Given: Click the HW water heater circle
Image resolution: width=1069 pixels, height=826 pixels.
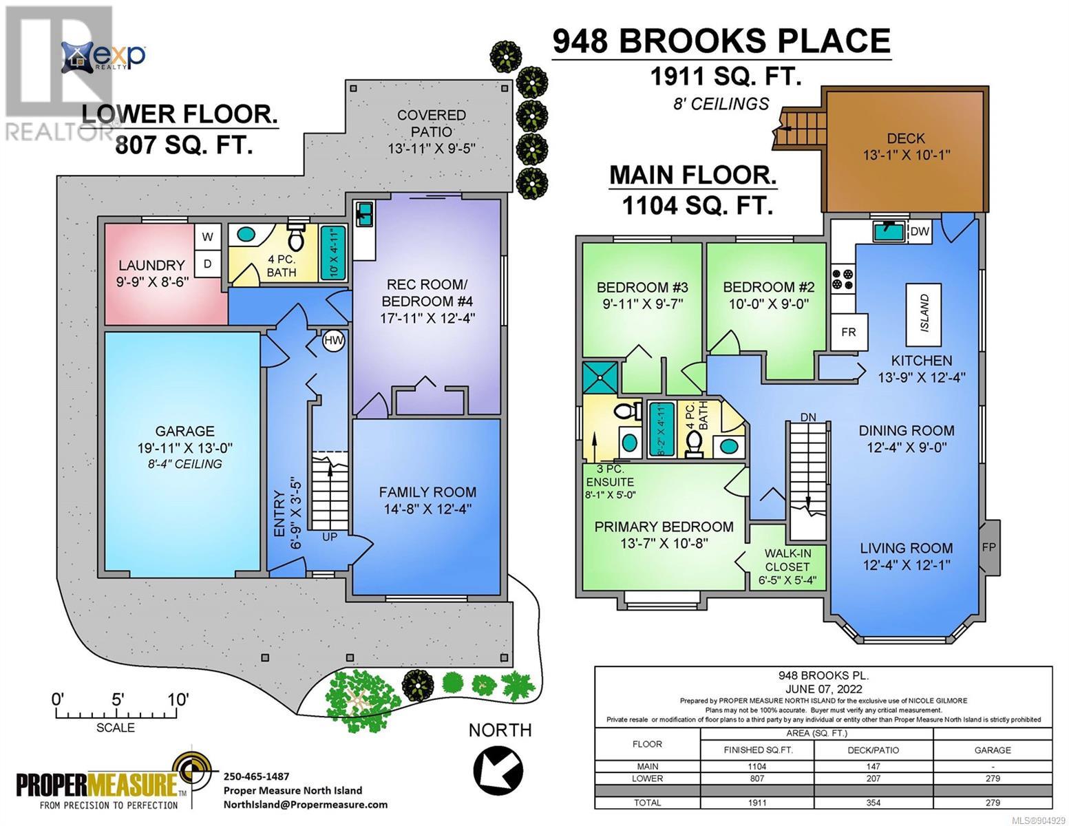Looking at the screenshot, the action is pos(333,341).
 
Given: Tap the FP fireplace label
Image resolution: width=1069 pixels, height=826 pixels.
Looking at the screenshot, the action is pos(988,547).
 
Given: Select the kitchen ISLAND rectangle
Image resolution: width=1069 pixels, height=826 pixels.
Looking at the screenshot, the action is pos(924,313).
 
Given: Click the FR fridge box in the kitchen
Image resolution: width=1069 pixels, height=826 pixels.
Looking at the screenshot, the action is pos(849,332).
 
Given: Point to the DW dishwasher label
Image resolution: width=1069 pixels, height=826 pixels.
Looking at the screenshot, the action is pos(920,231).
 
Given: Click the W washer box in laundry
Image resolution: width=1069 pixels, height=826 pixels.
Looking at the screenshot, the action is pos(208,237).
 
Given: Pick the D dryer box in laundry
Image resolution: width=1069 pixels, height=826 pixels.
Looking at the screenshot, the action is pos(208,264).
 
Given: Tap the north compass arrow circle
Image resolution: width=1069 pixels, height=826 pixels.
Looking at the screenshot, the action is pos(498,771).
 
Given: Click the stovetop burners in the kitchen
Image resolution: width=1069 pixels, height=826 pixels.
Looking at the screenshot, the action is pos(843,279).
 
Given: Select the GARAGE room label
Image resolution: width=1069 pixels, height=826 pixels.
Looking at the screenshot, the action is pos(185,432).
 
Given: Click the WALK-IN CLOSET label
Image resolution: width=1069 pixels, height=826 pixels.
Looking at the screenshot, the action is pos(787,560).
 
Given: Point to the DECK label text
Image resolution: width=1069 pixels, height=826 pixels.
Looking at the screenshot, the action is pos(906,138).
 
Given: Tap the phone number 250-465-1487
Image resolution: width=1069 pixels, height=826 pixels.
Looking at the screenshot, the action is pos(256,776).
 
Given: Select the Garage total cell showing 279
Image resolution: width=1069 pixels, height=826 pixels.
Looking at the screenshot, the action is pos(993,803).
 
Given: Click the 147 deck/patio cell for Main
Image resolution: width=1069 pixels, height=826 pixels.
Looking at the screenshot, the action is pos(874,767).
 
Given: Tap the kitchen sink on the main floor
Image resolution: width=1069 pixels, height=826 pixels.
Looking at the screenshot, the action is pos(889,231).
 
